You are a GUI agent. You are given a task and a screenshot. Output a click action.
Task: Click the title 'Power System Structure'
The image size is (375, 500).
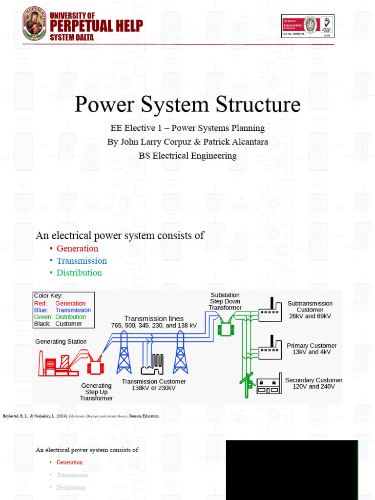point(187,105)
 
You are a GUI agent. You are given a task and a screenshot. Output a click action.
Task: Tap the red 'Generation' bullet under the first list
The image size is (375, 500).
point(77,249)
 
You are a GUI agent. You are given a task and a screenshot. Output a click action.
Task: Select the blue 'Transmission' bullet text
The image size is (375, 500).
point(82,261)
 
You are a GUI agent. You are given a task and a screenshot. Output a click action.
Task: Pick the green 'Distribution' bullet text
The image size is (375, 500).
point(79,272)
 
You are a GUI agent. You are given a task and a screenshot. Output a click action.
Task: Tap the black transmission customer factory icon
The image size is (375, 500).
point(153,364)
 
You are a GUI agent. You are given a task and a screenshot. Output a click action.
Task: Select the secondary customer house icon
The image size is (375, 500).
point(270,385)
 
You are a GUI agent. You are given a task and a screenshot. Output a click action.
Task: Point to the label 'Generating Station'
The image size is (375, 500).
point(61,342)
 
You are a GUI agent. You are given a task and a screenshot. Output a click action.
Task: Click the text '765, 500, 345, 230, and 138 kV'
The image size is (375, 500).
point(154,325)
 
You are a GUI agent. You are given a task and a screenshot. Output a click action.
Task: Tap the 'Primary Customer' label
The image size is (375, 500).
point(312,346)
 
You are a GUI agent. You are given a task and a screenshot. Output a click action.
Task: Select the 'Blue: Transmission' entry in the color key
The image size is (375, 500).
point(62,310)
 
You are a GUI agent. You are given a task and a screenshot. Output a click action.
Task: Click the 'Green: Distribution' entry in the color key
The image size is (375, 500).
point(60,317)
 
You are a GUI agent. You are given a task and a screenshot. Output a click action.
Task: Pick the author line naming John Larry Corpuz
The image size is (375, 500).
point(187,142)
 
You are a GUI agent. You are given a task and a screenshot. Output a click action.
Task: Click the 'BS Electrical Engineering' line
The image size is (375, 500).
point(187,156)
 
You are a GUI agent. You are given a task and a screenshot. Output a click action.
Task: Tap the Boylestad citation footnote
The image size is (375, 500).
point(81,416)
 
